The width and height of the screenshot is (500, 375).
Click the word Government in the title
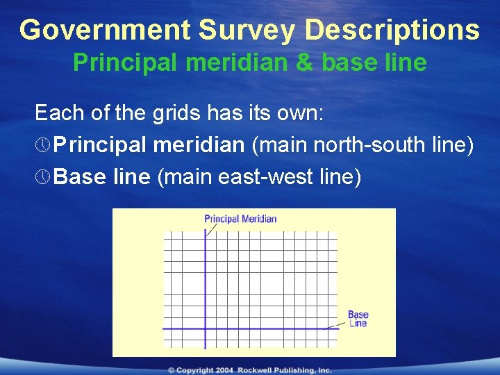105,30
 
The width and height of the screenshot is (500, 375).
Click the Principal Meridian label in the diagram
240,219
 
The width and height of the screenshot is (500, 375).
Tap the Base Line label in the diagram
358,319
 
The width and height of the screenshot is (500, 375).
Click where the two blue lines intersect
206,328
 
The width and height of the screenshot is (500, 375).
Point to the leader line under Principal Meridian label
211,230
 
